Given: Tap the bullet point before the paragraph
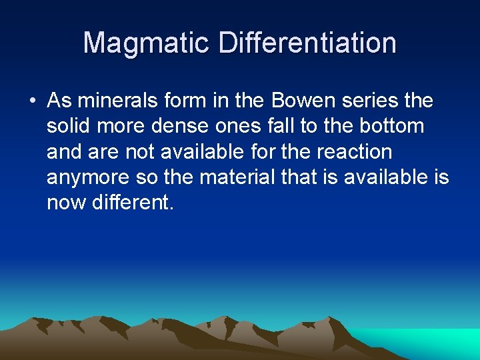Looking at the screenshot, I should (32, 101).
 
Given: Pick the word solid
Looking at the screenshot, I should (65, 126).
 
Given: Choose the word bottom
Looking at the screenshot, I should (392, 126).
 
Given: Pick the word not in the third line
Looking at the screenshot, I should (137, 151).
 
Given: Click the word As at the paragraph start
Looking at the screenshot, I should (59, 101).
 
